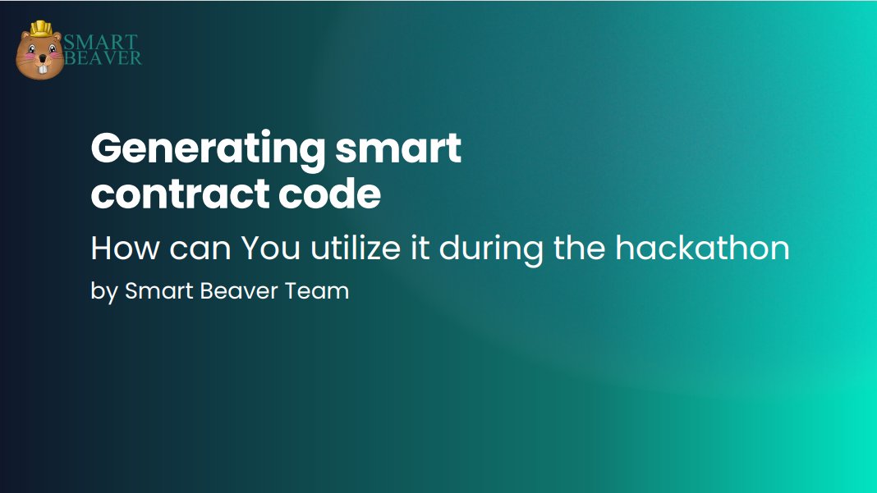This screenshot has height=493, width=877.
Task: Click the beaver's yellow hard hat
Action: pyautogui.click(x=40, y=29)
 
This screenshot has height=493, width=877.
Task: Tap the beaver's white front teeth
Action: pyautogui.click(x=39, y=71)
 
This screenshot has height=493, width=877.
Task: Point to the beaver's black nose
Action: pyautogui.click(x=39, y=60)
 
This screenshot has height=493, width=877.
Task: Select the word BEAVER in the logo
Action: pyautogui.click(x=103, y=58)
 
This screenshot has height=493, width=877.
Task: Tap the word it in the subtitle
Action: pyautogui.click(x=419, y=248)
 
